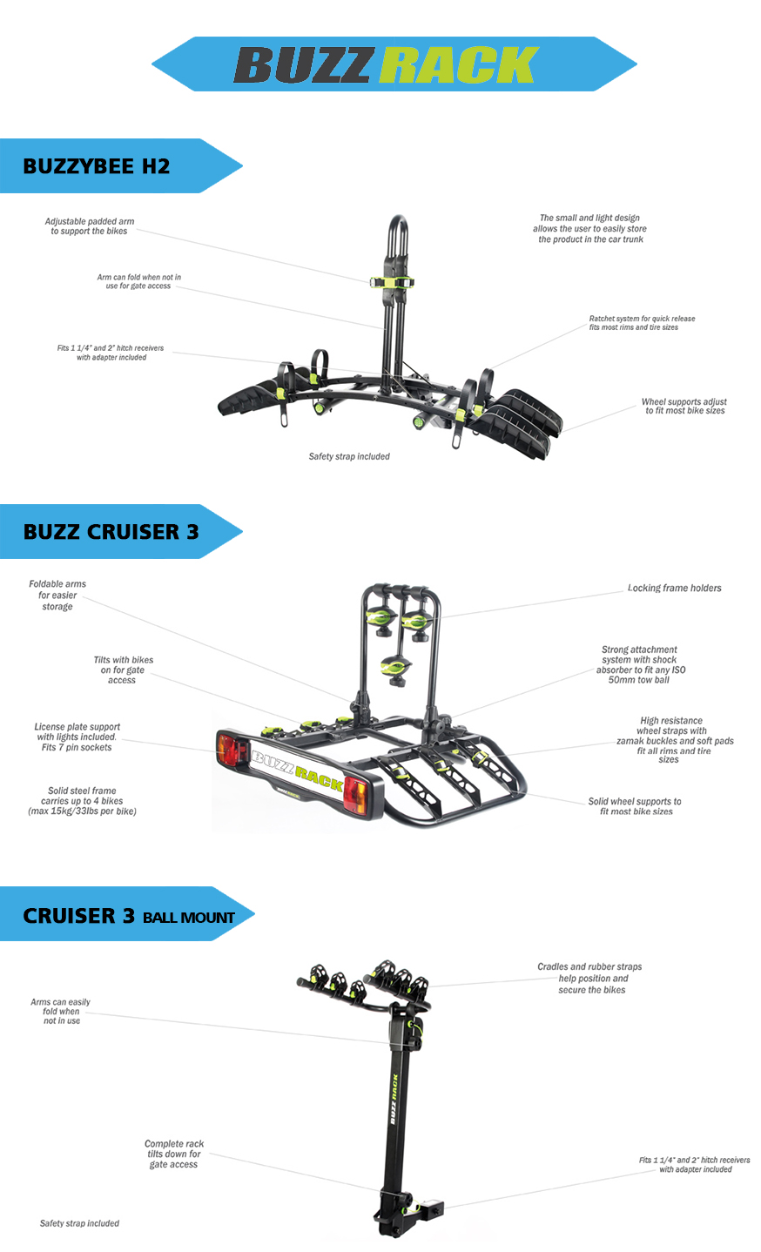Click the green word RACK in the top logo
(459, 64)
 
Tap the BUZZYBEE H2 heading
(96, 166)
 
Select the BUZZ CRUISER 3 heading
(111, 532)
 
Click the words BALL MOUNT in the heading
(188, 918)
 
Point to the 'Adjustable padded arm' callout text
(90, 226)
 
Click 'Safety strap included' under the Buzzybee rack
(349, 456)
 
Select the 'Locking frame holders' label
(674, 588)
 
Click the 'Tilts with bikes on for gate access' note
(123, 670)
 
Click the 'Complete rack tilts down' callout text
(174, 1154)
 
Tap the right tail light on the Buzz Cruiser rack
(356, 794)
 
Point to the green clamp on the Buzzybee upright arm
(392, 282)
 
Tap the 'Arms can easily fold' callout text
(60, 1011)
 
